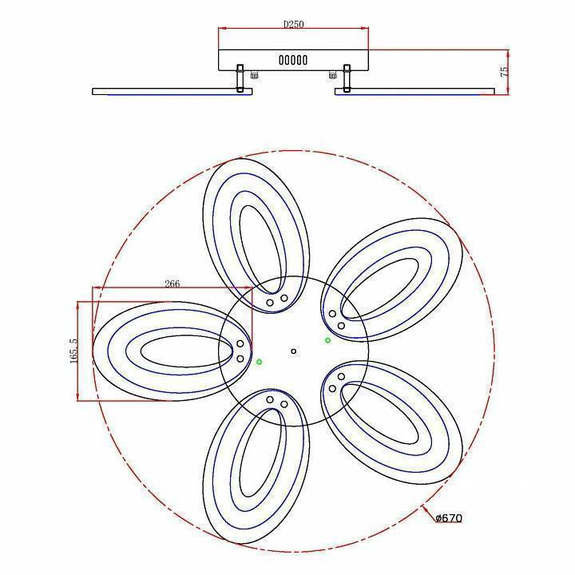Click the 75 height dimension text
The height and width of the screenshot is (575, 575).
pos(505,71)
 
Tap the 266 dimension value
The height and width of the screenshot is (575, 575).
pos(171,283)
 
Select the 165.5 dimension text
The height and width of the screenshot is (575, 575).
pos(73,351)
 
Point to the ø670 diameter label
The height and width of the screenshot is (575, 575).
pos(449,518)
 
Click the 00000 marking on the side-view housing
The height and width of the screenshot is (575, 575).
pos(293,60)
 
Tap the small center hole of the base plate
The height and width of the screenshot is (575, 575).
pos(293,351)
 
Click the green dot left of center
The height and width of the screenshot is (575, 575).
pos(260,362)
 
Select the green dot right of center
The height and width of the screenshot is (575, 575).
pos(327,340)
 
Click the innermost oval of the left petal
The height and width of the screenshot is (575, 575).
pos(184,351)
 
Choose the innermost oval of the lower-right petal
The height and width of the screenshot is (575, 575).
pos(387,415)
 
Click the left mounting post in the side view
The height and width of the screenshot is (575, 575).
pos(239,79)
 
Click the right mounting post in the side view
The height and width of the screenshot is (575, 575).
pos(347,79)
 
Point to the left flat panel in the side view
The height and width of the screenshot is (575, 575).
pos(172,92)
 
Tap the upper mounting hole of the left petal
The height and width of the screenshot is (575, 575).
pos(240,344)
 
